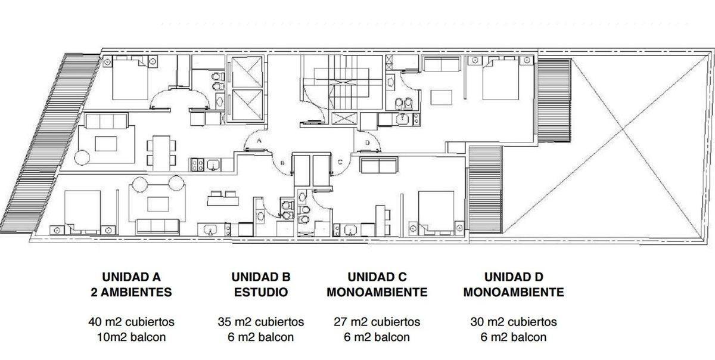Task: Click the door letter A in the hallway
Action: [x=259, y=141]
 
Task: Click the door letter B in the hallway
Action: [x=282, y=163]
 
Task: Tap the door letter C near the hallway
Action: [x=340, y=162]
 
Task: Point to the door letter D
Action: [x=368, y=142]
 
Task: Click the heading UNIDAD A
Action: [x=131, y=277]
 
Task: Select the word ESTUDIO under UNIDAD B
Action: [x=261, y=292]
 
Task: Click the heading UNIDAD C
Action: [x=377, y=277]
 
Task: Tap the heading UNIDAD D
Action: [x=514, y=277]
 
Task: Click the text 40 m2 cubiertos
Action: [x=131, y=322]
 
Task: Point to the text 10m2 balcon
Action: [x=131, y=337]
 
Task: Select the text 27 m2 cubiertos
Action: [x=377, y=322]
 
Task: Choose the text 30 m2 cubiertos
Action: [x=514, y=322]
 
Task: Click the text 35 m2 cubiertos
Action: [x=261, y=322]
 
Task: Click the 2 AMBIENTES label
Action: [x=131, y=292]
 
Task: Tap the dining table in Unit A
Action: [x=161, y=153]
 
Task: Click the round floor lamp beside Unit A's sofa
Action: [x=82, y=157]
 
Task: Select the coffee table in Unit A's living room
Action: [x=106, y=144]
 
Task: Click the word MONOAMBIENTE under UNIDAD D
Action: [x=514, y=292]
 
